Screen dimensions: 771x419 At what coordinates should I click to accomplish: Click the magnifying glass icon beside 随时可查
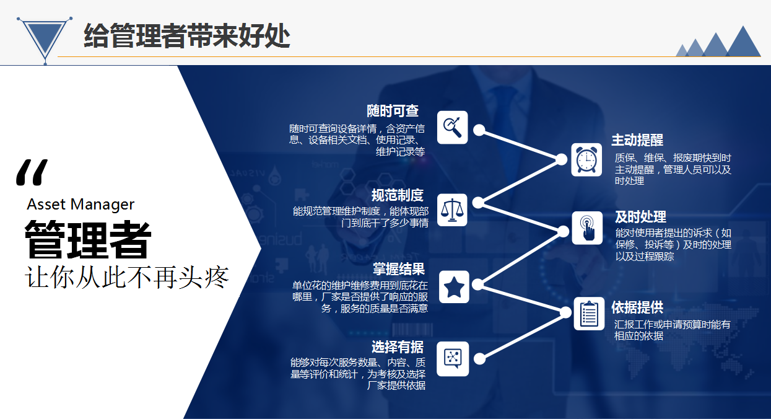[x=452, y=127]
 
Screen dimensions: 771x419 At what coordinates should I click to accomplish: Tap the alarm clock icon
[x=586, y=159]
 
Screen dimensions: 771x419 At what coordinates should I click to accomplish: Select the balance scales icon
[x=452, y=210]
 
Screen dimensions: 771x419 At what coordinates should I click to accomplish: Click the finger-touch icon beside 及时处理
[x=587, y=227]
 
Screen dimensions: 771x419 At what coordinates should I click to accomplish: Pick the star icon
[x=454, y=287]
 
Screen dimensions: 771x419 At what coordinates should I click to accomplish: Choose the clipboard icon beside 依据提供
[x=589, y=314]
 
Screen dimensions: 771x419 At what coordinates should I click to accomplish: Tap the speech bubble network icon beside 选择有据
[x=453, y=359]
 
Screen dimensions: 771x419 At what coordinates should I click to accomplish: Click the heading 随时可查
[x=393, y=111]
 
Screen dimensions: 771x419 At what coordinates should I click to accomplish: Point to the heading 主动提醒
[x=637, y=140]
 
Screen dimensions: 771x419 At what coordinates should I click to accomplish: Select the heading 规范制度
[x=397, y=195]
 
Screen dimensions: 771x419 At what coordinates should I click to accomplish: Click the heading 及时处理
[x=640, y=217]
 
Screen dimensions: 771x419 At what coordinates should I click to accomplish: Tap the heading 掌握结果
[x=399, y=269]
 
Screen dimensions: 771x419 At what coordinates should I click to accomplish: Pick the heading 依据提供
[x=637, y=307]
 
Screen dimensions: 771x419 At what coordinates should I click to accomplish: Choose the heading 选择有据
[x=397, y=347]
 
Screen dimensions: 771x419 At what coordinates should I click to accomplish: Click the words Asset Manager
[x=81, y=205]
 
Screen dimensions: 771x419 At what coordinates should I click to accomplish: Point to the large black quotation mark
[x=32, y=172]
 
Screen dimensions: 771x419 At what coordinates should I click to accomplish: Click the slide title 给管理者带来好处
[x=187, y=36]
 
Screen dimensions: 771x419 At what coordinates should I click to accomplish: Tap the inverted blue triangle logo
[x=45, y=38]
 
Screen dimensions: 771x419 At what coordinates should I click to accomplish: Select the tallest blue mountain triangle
[x=744, y=43]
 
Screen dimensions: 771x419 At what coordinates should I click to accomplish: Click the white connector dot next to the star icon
[x=477, y=284]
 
